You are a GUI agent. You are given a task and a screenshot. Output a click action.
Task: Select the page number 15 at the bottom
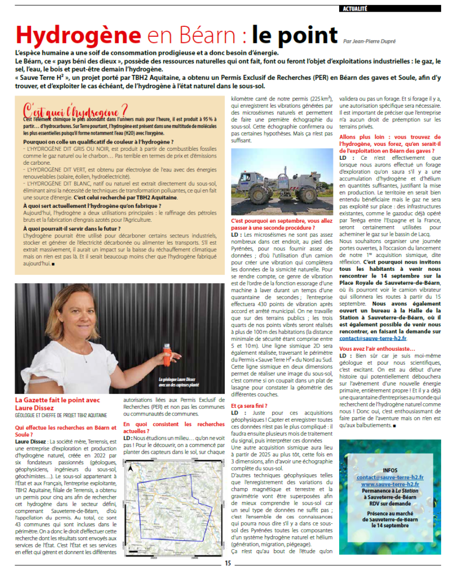[x=228, y=563]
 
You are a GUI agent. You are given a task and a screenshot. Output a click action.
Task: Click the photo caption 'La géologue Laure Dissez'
[x=178, y=378]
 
